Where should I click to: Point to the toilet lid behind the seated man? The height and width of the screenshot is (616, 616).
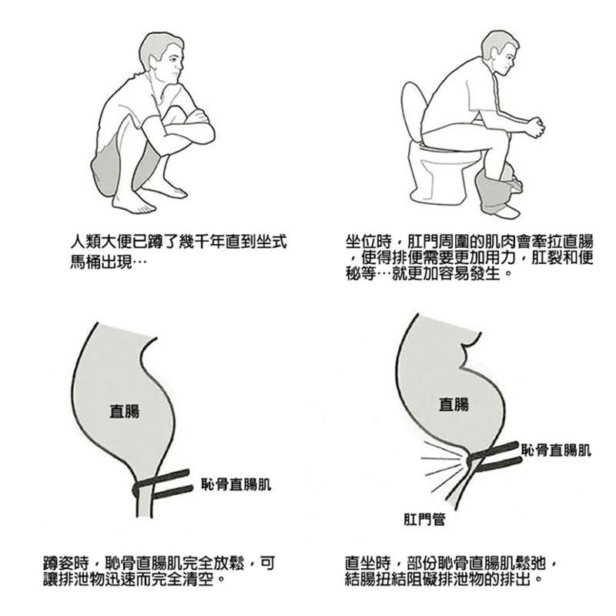[413, 111]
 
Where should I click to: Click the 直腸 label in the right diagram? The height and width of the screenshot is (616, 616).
[454, 404]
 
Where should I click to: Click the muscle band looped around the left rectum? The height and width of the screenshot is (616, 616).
[162, 484]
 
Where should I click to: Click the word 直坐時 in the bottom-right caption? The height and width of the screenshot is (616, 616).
[368, 563]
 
